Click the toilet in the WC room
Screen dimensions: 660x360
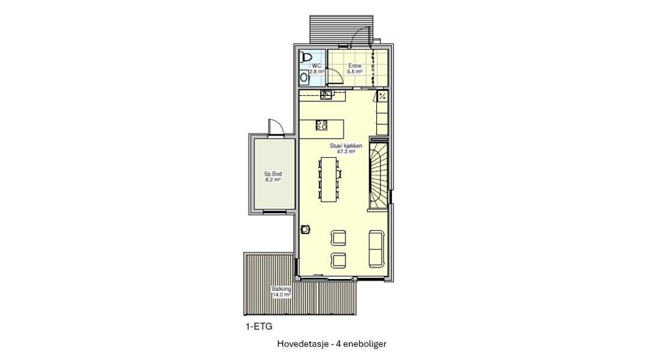304,57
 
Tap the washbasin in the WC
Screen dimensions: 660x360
304,77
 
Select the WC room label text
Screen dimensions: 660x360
317,65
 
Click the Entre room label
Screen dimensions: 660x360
355,65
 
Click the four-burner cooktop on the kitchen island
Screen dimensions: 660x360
322,125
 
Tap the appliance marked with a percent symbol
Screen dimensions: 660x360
382,96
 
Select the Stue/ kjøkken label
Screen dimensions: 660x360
346,146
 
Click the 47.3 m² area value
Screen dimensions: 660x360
346,151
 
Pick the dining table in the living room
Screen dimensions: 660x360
329,179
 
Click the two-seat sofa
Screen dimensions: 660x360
376,249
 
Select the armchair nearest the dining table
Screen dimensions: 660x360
338,238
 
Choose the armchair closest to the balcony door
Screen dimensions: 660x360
338,260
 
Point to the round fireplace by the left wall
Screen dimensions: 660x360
305,229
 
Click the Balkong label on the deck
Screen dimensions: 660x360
281,289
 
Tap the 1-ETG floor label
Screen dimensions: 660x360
259,326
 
